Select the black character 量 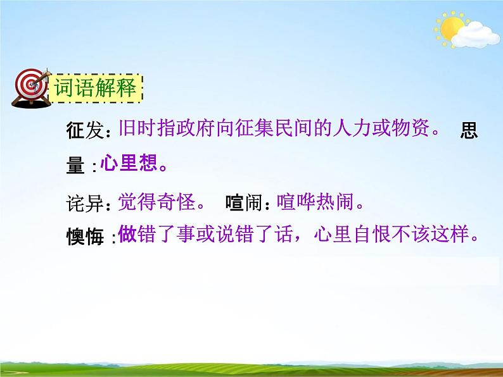[x=75, y=166]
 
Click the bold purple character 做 [x=127, y=235]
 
